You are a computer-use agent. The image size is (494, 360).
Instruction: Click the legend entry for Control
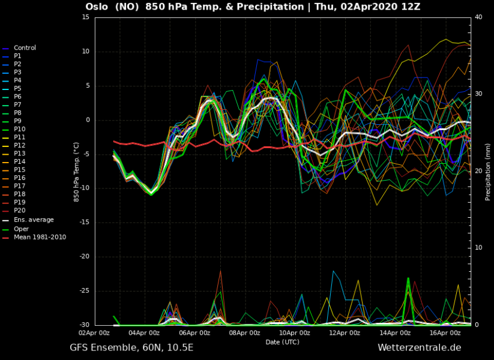[x=25, y=48]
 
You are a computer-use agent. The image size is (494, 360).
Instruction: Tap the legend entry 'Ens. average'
[x=34, y=220]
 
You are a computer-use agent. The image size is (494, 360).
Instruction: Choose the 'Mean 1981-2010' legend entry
[x=40, y=237]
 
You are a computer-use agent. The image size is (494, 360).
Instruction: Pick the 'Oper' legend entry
[x=21, y=229]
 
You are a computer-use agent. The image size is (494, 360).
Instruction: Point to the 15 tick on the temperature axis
[x=85, y=17]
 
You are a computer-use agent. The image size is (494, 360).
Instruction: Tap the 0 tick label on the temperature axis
[x=87, y=120]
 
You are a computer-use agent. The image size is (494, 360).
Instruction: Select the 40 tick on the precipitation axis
[x=478, y=17]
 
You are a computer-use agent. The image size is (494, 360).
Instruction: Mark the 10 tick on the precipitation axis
[x=478, y=248]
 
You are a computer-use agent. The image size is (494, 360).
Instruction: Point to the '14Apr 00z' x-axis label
[x=395, y=332]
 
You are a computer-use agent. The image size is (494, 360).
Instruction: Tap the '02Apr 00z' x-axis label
[x=95, y=332]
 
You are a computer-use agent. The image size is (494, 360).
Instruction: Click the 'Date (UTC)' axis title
[x=282, y=341]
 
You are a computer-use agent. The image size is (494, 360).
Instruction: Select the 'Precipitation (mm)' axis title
[x=488, y=171]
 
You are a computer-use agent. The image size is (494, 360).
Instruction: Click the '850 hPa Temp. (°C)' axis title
[x=76, y=171]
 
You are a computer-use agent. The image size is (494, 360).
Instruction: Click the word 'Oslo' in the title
[x=97, y=7]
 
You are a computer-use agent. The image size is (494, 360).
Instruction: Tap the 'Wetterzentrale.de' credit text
[x=419, y=347]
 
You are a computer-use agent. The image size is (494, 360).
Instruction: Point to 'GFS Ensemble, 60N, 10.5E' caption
[x=131, y=347]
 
